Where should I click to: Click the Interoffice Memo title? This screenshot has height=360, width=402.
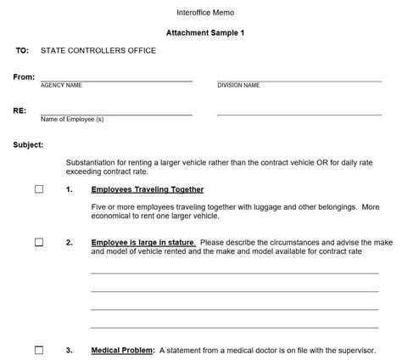click(x=199, y=13)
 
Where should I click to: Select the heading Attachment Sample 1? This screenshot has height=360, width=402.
click(x=200, y=33)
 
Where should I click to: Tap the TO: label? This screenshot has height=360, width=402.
click(x=22, y=51)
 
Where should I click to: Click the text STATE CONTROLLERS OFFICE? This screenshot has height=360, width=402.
click(x=98, y=51)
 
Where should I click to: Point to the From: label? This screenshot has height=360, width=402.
click(x=24, y=77)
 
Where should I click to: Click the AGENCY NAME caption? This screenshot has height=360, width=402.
click(x=61, y=86)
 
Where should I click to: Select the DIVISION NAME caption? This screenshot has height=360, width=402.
click(x=238, y=86)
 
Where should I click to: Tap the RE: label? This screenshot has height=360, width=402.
click(x=19, y=110)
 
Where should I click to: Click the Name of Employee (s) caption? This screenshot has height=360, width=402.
click(x=72, y=119)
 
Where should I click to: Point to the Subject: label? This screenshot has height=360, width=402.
click(x=28, y=144)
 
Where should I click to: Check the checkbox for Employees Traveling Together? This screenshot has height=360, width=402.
click(x=39, y=189)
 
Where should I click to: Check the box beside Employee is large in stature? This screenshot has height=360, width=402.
click(x=39, y=242)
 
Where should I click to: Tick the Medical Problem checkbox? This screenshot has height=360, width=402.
click(x=39, y=350)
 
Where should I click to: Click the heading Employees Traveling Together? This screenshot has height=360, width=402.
click(x=148, y=189)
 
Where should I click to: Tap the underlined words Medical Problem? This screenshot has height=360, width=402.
click(x=122, y=350)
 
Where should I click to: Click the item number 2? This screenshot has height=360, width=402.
click(x=69, y=242)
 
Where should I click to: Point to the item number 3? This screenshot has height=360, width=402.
click(x=69, y=350)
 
